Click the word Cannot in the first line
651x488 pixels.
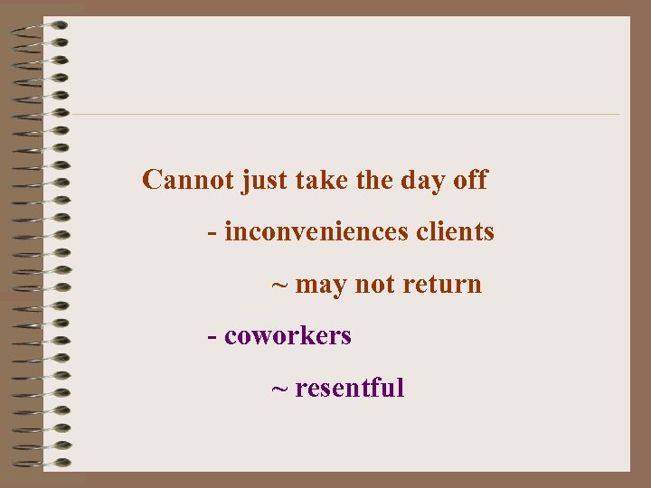tap(188, 180)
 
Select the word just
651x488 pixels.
tap(261, 181)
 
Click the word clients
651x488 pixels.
tap(456, 232)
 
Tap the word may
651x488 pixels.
tap(321, 286)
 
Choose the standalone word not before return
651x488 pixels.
tap(375, 285)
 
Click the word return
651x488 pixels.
tap(442, 285)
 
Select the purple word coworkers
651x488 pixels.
tap(288, 336)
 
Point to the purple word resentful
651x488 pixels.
tap(349, 389)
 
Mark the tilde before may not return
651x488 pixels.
tap(280, 286)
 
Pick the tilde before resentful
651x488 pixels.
tap(280, 389)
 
